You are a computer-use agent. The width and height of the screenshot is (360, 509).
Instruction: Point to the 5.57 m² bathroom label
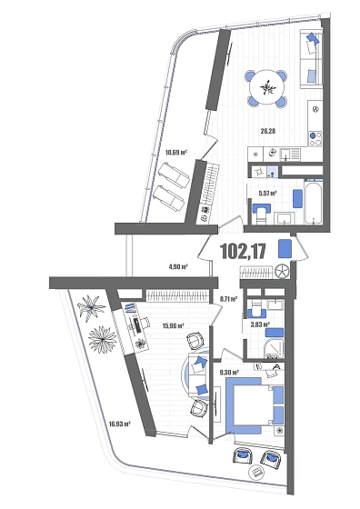coord(267,193)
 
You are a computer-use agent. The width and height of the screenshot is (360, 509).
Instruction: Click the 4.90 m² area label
coord(177,267)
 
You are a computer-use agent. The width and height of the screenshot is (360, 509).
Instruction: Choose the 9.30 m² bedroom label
coord(229,372)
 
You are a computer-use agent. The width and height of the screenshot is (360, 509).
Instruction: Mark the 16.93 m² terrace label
coord(120,423)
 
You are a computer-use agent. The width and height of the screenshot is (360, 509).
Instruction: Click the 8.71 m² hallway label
coord(228,298)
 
